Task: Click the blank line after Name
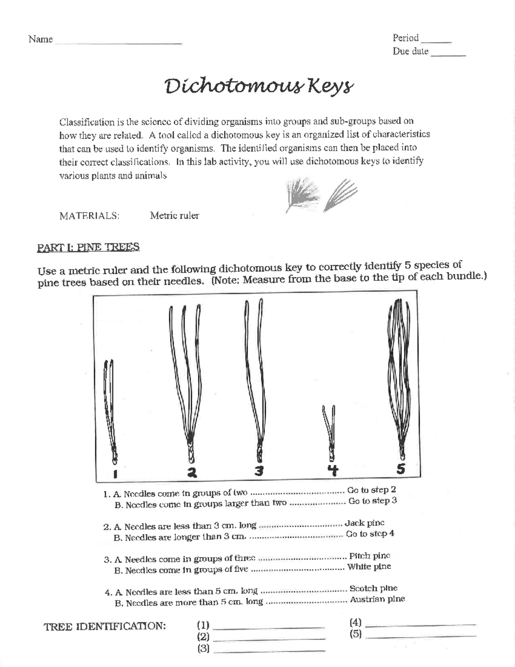coord(118,42)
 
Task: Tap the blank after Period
coord(436,40)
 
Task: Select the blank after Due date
coord(448,54)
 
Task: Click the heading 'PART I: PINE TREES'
coord(88,247)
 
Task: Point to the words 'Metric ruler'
coord(174,216)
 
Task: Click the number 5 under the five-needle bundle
coord(400,469)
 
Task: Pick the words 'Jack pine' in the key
coord(364,523)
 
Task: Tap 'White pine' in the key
coord(369,566)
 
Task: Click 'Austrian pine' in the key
coord(377,599)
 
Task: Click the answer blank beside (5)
coord(421,634)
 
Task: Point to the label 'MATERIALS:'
coord(89,216)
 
